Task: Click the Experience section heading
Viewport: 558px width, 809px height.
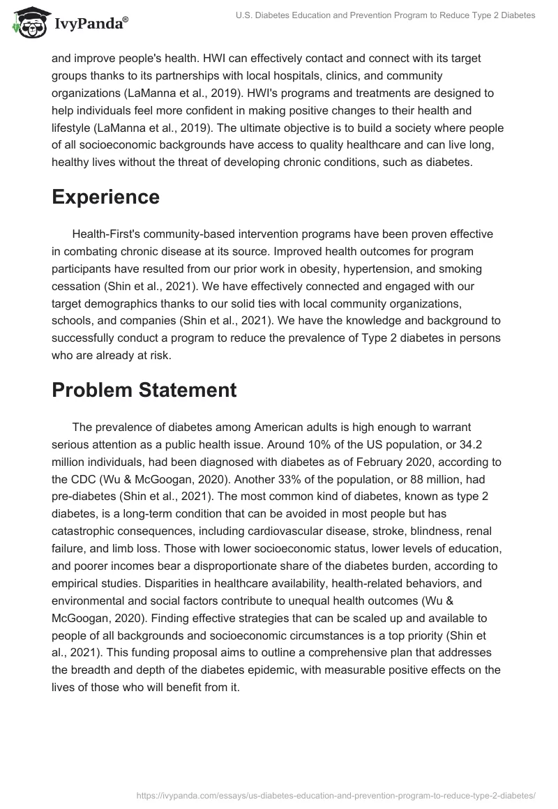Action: coord(105,197)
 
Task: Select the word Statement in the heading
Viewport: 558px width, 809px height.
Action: coord(184,390)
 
